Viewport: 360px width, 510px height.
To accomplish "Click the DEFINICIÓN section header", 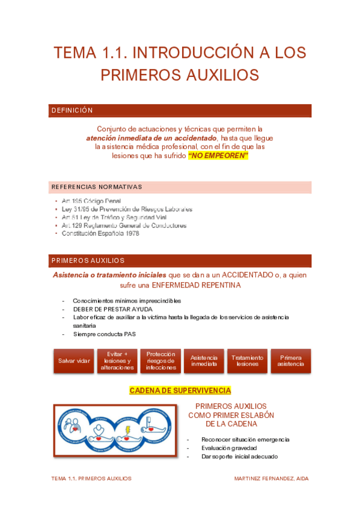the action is tap(72, 111).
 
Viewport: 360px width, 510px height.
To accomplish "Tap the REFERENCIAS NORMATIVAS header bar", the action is tap(96, 186).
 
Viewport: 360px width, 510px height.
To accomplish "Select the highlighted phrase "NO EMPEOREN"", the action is tap(218, 155).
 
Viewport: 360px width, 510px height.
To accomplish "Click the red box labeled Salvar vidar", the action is tap(74, 361).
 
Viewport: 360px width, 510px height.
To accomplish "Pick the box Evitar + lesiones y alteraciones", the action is tap(117, 361).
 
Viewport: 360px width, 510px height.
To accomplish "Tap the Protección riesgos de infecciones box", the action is tap(160, 361).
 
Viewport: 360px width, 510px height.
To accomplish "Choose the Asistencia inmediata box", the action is tap(204, 361).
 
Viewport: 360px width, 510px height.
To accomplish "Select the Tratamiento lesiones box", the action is tap(247, 361).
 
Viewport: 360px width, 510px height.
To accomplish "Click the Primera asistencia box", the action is tap(291, 361).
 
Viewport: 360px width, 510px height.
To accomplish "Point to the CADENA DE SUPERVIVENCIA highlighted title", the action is tap(180, 390).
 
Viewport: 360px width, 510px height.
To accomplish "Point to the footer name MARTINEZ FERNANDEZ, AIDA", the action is tap(272, 479).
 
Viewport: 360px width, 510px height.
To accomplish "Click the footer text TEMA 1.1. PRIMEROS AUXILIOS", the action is tap(91, 479).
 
